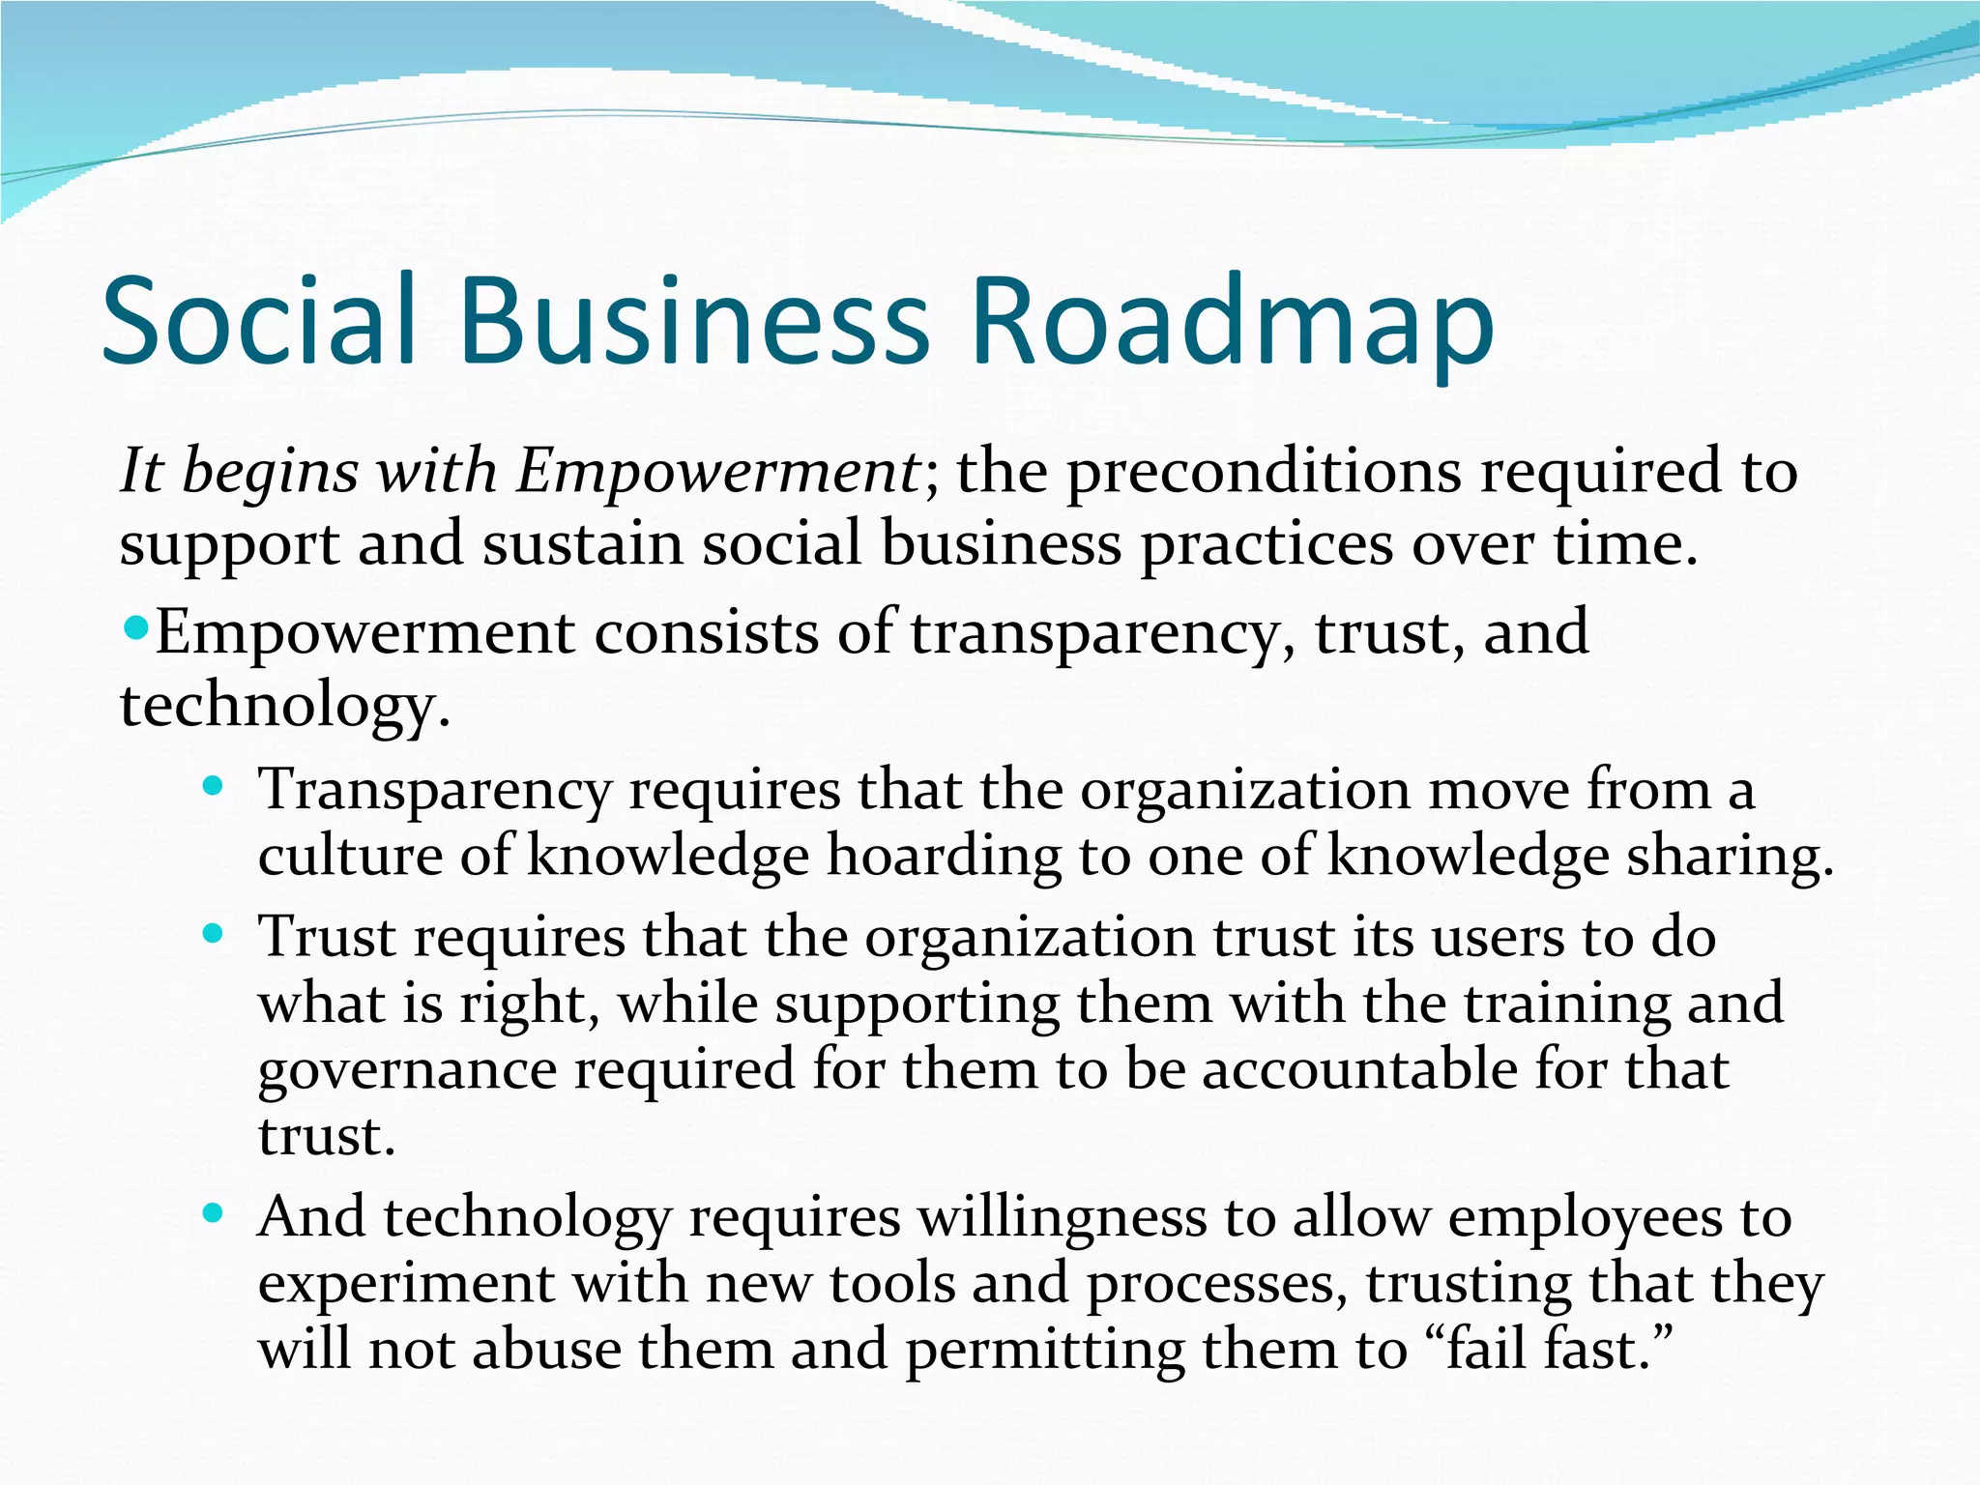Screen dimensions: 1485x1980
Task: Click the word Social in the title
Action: click(259, 321)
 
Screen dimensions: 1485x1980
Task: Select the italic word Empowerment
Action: click(718, 473)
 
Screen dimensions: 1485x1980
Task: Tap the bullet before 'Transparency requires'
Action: click(214, 785)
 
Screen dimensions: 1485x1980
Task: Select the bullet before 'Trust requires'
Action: click(214, 934)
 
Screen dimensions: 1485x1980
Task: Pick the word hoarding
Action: click(942, 857)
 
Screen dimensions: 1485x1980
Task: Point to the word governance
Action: click(407, 1071)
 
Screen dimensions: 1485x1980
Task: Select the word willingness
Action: click(1062, 1218)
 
